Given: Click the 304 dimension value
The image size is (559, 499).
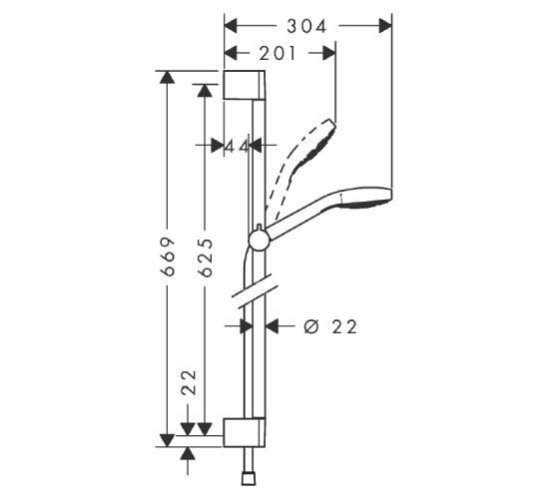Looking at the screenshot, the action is coord(306,27).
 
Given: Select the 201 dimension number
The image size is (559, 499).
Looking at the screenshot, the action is coord(278,54).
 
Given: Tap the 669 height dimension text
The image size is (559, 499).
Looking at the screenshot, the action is coord(168,256).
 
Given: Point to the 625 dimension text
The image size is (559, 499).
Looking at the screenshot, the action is coord(206,257).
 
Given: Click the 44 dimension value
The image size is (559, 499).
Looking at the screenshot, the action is coord(237,146).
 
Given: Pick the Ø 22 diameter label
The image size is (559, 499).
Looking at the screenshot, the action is coord(330,326).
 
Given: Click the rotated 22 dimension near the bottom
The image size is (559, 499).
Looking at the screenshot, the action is coord(189,382).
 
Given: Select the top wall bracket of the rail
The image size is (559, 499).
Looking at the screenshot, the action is coord(245,85).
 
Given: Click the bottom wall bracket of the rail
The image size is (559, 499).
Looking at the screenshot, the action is coord(245,432).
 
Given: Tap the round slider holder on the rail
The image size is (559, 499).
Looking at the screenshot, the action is coord(260,240).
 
